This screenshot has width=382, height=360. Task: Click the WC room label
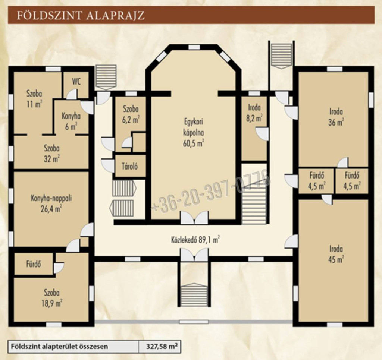[x=76, y=82]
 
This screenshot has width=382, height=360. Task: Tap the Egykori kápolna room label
[x=194, y=133]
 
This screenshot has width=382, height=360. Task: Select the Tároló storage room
[x=130, y=166]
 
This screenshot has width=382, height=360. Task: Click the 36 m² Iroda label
[x=336, y=117]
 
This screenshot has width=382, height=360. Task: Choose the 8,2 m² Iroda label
[x=254, y=113]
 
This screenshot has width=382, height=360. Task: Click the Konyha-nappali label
[x=51, y=203]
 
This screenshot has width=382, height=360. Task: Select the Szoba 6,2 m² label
[x=131, y=114]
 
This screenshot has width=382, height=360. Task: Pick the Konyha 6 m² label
[x=71, y=121]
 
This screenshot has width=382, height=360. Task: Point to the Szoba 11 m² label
[x=34, y=99]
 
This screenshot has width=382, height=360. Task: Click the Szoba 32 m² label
[x=51, y=154]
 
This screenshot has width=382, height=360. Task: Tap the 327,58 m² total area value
[x=162, y=346]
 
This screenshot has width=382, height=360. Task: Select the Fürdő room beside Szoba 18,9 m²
[x=34, y=264]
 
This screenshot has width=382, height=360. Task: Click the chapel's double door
[x=194, y=217]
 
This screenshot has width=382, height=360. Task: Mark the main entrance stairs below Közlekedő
[x=194, y=295]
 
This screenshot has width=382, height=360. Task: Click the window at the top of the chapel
[x=194, y=47]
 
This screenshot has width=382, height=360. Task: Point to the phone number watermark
[x=210, y=193]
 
